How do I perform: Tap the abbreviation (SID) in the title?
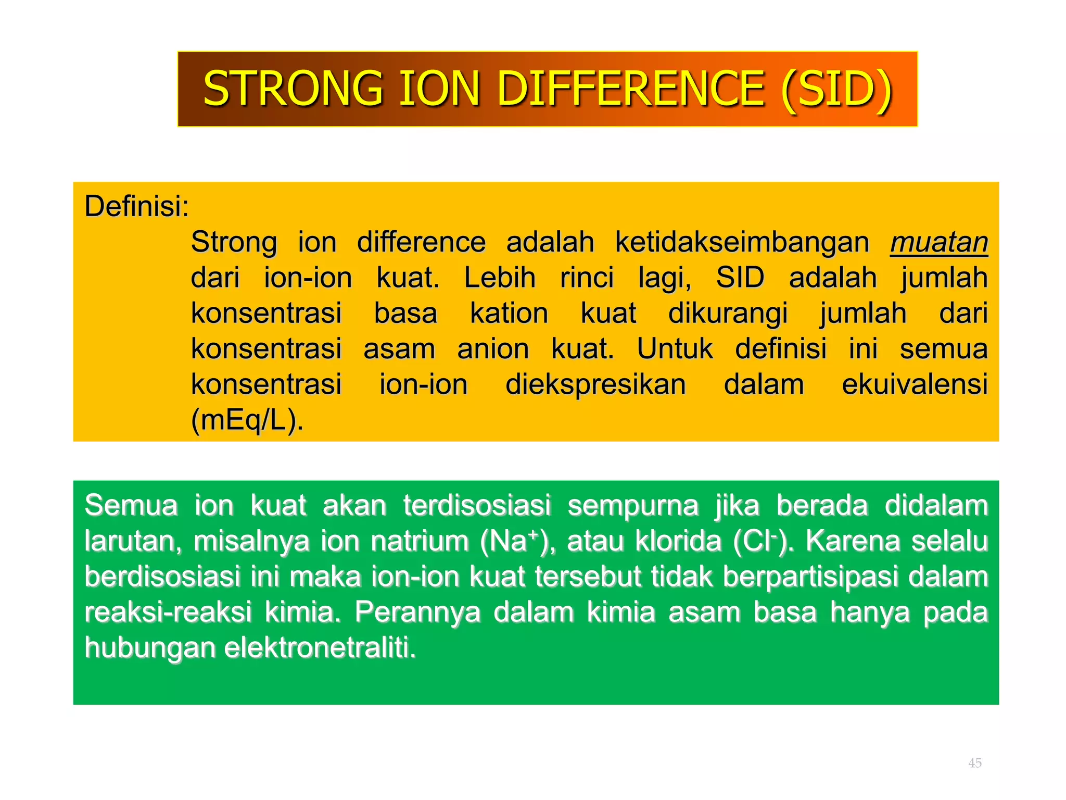click(836, 89)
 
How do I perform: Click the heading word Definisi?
click(137, 206)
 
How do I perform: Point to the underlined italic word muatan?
click(938, 242)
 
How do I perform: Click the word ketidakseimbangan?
click(742, 242)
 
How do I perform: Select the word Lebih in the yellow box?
click(500, 278)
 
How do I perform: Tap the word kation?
click(509, 314)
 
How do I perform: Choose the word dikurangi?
click(728, 314)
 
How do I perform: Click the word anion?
click(493, 349)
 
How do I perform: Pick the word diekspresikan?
click(595, 385)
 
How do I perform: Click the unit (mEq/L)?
click(247, 420)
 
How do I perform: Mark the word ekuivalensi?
click(915, 385)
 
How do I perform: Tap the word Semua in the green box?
click(131, 506)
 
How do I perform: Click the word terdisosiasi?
click(477, 506)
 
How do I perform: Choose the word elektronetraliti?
click(320, 648)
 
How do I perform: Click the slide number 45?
click(974, 763)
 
